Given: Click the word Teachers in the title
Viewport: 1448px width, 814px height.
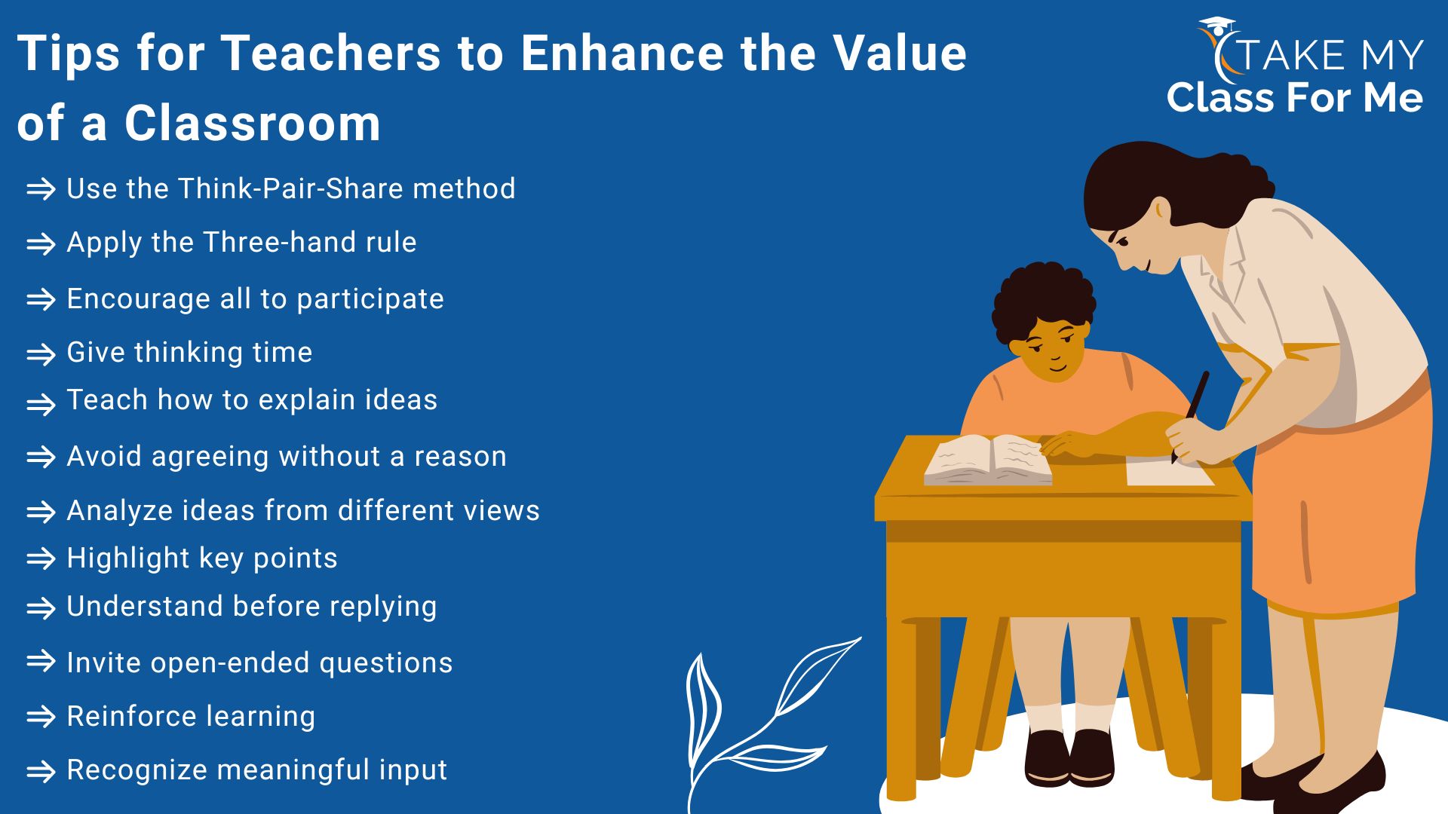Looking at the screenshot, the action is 330,54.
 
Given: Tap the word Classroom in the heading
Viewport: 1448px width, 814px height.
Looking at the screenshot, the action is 253,124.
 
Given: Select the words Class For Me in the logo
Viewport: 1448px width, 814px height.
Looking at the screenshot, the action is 1295,98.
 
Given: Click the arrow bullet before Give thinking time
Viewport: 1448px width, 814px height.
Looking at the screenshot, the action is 41,354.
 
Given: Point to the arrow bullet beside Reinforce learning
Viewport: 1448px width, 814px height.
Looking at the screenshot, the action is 41,717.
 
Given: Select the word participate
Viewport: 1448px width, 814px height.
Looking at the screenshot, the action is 370,300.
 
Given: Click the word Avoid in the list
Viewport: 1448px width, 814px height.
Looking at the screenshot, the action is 104,456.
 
